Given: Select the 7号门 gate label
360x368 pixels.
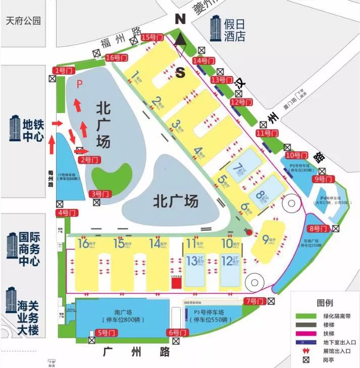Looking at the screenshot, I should (x=254, y=301).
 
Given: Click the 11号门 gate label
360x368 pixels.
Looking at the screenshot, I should (x=268, y=133).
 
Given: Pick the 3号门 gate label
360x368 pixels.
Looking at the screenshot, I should (x=99, y=194).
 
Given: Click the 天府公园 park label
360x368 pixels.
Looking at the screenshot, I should (x=23, y=21).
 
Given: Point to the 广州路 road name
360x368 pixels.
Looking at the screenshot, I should (x=137, y=352).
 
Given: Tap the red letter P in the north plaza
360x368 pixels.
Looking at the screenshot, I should (x=79, y=85).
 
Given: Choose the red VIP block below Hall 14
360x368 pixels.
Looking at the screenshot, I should (x=176, y=283).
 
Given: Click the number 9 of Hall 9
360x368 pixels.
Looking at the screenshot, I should (x=265, y=239).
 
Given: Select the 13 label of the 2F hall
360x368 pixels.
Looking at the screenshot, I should (x=192, y=261).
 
